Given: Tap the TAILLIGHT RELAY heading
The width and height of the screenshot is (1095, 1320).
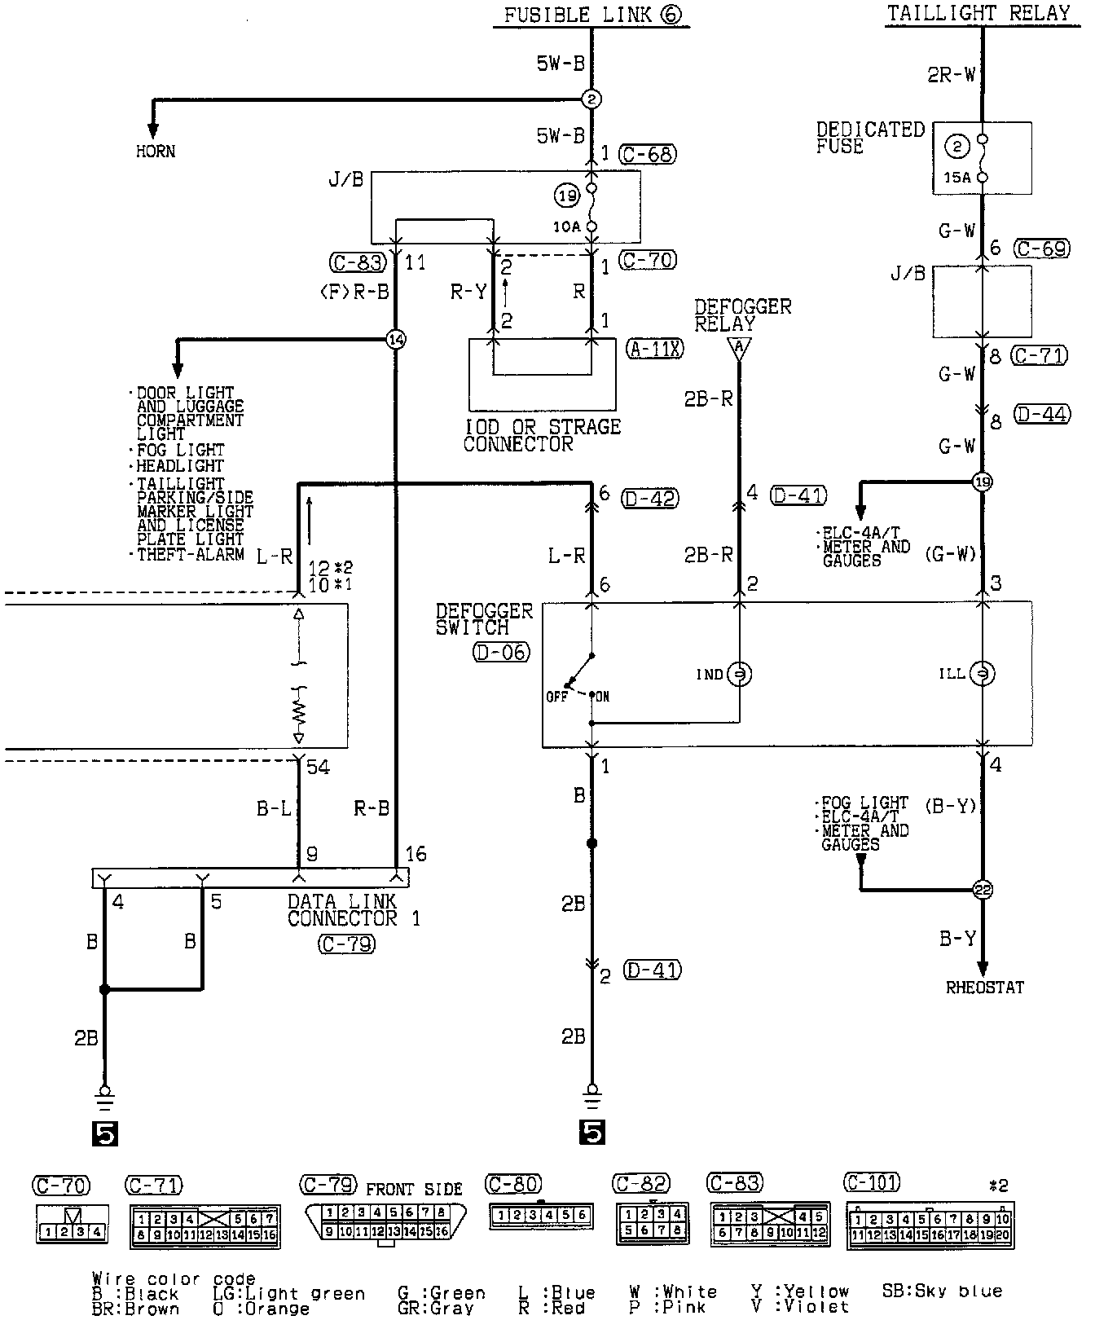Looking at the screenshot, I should coord(978,13).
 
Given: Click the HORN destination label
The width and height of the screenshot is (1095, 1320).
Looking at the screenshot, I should coord(155,151).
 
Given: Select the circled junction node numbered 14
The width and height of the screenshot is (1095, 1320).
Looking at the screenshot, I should coord(396,339).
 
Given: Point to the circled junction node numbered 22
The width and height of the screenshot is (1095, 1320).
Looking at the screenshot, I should coord(983,890).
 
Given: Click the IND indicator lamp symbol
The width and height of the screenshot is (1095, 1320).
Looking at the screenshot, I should coord(739,674).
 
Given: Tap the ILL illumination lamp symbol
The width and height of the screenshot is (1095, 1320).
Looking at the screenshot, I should coord(983,674).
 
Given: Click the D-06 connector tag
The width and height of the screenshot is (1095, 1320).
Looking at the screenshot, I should coord(499,652).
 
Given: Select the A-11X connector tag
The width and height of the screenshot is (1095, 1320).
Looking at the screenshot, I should coord(654,349).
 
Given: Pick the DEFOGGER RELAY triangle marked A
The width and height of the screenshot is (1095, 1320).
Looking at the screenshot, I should coord(739,349).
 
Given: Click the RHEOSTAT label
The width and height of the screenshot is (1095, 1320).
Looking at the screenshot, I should coord(984,988).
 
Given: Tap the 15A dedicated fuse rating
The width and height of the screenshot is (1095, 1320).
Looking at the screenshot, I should coord(958,177).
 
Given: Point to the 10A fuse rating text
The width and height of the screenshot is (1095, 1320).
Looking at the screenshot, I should coord(566,227).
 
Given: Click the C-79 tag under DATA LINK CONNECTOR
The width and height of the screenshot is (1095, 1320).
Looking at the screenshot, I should coord(346,944).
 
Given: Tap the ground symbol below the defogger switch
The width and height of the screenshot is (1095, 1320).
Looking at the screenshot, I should coord(592,1095).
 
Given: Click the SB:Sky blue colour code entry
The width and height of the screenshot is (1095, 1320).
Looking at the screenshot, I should coord(942,1291).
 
